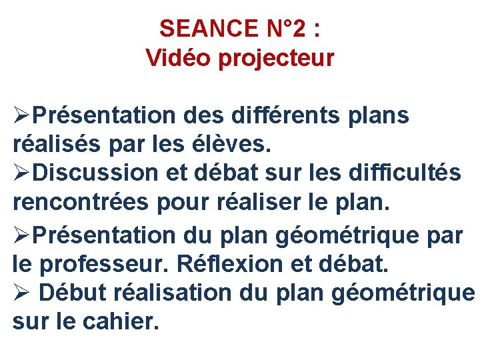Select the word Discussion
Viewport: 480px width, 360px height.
(93, 173)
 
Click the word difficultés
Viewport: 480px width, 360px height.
(404, 173)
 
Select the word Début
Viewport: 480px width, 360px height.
(74, 293)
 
